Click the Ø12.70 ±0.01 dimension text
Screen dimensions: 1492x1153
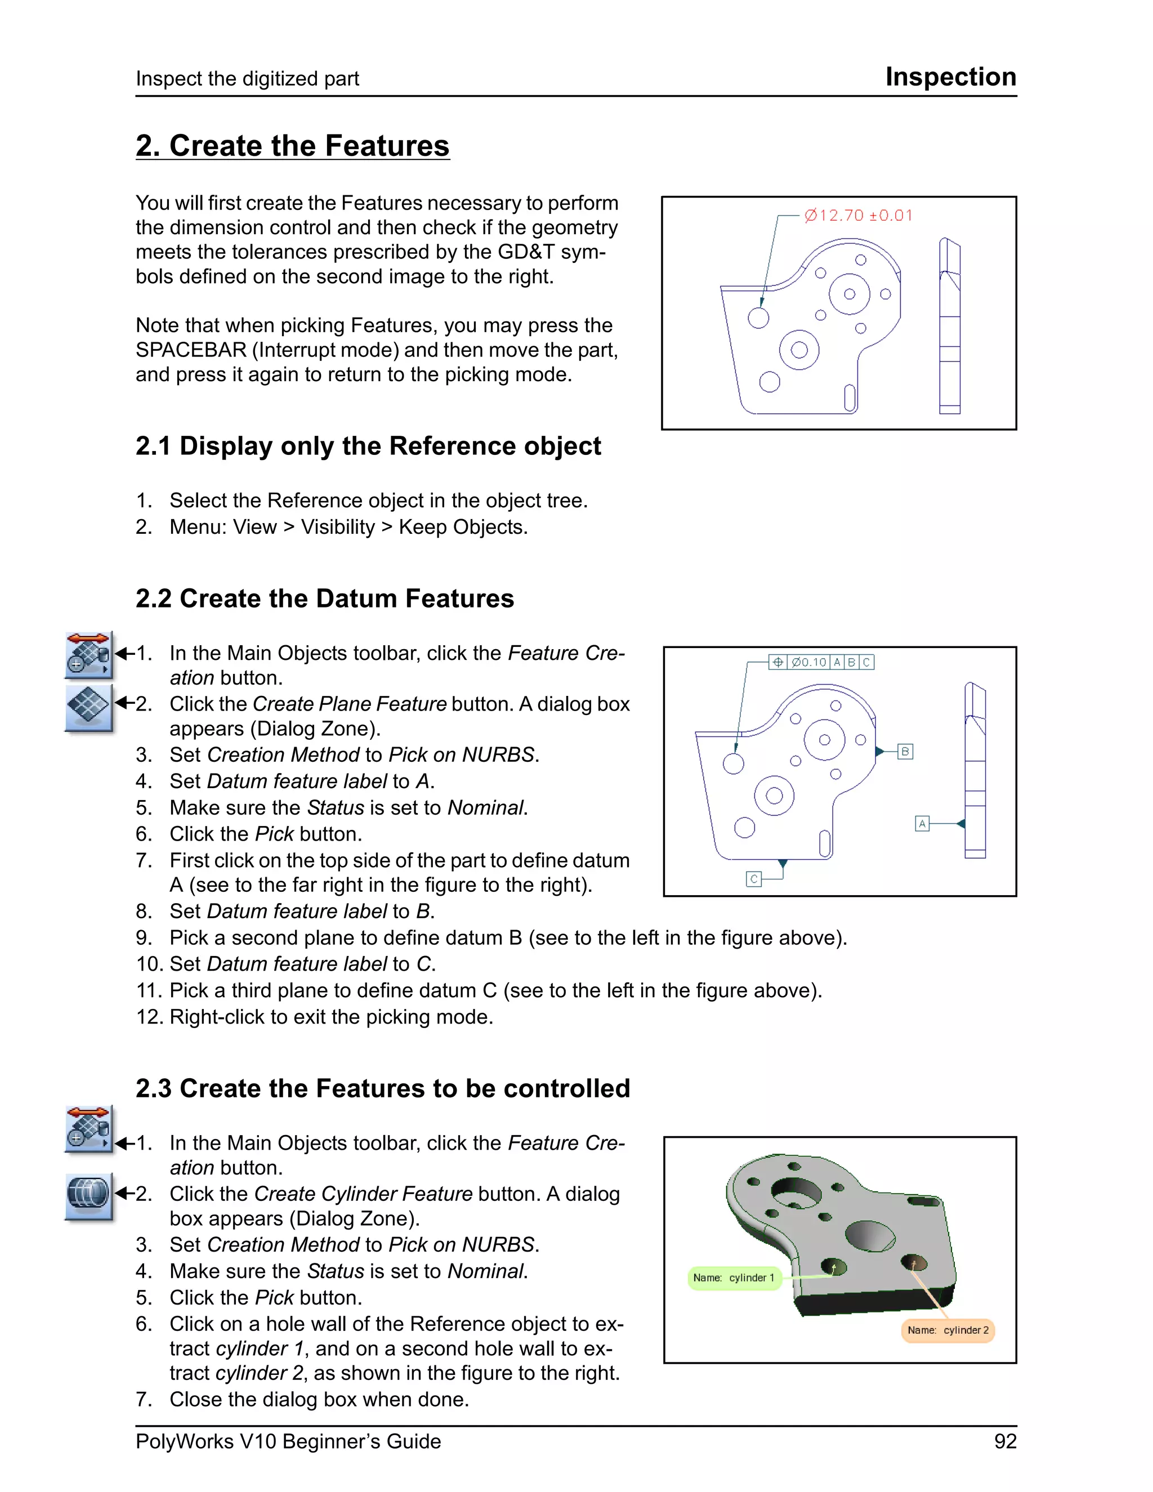click(x=858, y=216)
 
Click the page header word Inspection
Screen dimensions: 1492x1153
click(x=950, y=77)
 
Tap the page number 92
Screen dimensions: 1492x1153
click(x=1005, y=1441)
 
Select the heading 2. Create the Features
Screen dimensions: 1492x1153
click(x=292, y=145)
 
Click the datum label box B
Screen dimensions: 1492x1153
click(x=905, y=752)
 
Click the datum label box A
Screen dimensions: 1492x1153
click(x=922, y=823)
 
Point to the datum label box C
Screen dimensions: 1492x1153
click(x=753, y=879)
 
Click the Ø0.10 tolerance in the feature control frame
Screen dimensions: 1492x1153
click(x=809, y=662)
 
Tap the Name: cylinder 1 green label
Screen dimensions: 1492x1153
click(x=734, y=1277)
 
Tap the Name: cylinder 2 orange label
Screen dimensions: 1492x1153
click(x=948, y=1330)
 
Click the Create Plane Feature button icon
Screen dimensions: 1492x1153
click(x=89, y=707)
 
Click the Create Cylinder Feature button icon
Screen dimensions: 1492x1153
click(x=89, y=1196)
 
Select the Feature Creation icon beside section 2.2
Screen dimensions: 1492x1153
click(x=89, y=654)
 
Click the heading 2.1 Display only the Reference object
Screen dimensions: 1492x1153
click(x=368, y=446)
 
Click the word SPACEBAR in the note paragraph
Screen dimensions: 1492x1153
click(x=191, y=350)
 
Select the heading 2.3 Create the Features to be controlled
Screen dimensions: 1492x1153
click(x=382, y=1088)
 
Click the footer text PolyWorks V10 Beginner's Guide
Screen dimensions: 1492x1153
click(x=288, y=1441)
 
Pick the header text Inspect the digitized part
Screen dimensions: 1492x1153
click(x=247, y=79)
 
